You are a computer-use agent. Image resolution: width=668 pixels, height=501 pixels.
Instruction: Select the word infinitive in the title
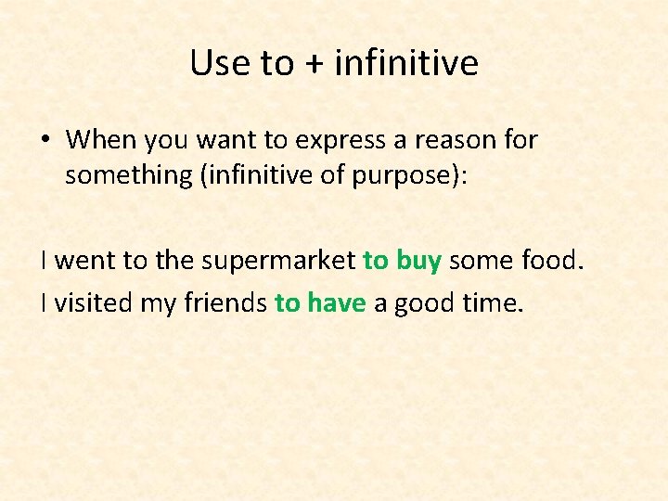tap(406, 63)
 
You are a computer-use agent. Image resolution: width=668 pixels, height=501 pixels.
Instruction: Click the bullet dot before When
tap(45, 141)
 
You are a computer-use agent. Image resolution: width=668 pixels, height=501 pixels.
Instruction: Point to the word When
tap(101, 140)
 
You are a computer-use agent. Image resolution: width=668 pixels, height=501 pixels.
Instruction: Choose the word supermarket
tap(276, 261)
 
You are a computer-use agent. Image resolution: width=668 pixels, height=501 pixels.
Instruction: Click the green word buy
tap(418, 261)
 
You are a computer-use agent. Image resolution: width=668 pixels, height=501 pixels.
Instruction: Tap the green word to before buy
tap(376, 261)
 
